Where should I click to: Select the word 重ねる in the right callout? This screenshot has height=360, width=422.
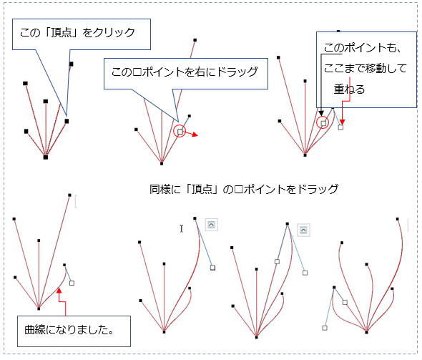coord(349,89)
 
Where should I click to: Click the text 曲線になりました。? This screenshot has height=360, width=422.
coord(69,329)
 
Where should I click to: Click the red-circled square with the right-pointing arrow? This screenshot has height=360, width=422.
coord(180,132)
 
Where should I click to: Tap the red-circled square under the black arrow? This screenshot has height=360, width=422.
coord(323,123)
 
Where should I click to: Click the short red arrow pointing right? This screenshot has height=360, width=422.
coord(190,134)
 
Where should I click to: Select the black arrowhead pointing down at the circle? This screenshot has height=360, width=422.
coord(321,113)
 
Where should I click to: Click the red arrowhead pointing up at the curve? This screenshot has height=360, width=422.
coord(59,291)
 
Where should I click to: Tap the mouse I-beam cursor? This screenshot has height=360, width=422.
coord(182,228)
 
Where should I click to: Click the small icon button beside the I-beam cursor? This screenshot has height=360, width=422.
coord(212,225)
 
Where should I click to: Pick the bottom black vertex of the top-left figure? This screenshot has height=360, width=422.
coord(46,157)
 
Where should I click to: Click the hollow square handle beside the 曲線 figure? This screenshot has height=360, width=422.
coord(72,283)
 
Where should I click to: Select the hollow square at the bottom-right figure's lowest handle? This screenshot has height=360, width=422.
coord(325,328)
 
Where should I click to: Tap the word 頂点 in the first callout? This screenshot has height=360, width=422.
coord(61,33)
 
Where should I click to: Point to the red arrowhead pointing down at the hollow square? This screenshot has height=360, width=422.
coord(342,122)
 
